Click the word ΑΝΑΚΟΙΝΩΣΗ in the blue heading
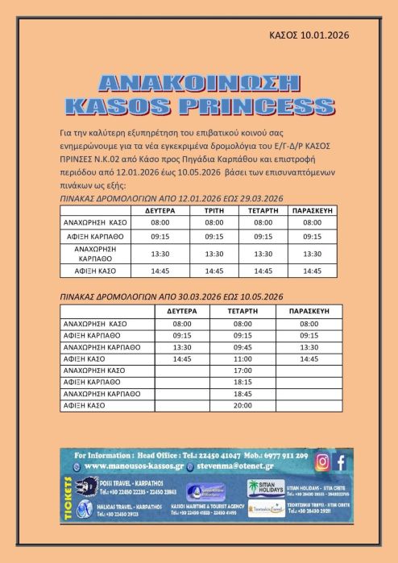point(197,84)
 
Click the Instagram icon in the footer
point(322,462)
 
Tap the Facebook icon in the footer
point(341,462)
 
